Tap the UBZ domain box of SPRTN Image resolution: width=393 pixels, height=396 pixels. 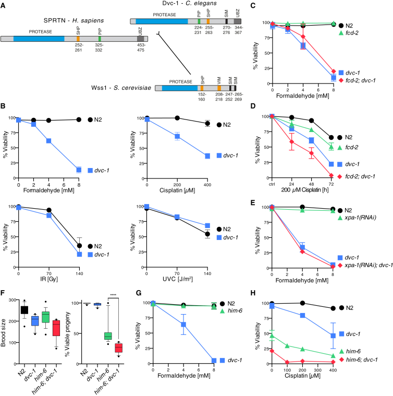pos(140,39)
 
